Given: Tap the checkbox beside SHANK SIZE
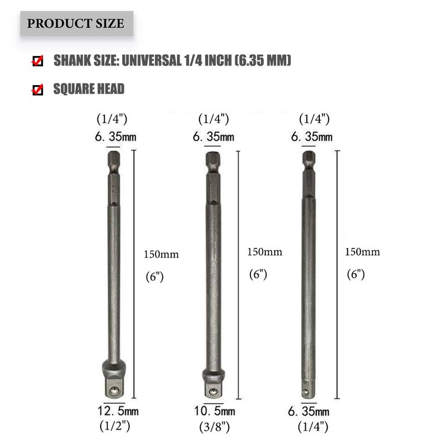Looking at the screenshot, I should tap(38, 61).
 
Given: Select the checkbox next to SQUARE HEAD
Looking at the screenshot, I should tap(38, 90).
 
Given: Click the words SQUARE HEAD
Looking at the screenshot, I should tap(88, 89).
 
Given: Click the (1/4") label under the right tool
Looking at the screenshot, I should tap(312, 427).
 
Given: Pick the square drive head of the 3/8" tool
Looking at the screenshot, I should tap(213, 385).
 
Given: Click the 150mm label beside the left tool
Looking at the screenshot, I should tap(161, 254).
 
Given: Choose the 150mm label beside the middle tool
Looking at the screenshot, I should tap(265, 252).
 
